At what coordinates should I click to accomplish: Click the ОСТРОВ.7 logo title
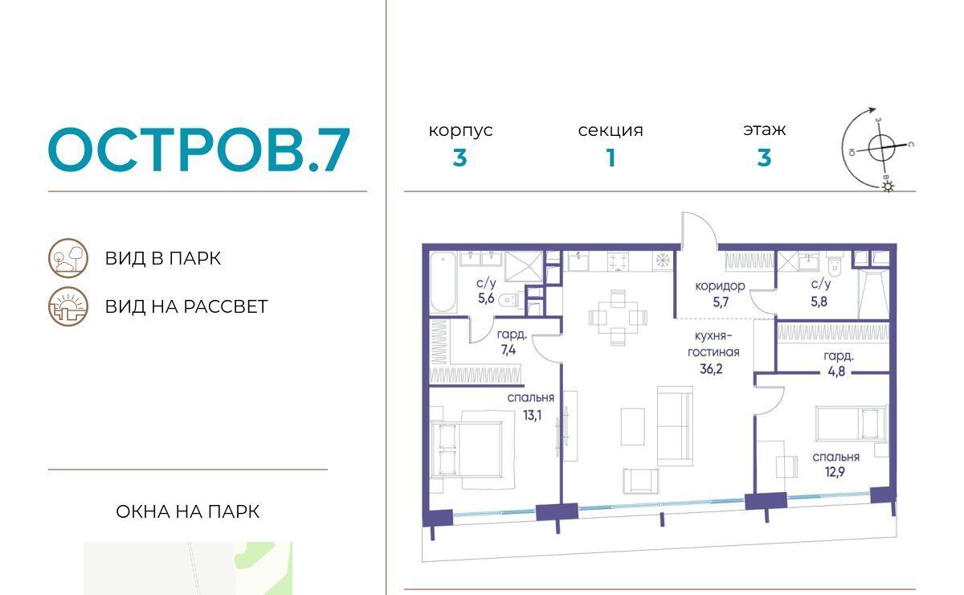199,150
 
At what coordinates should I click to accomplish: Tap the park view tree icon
68,258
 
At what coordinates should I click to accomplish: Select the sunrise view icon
68,306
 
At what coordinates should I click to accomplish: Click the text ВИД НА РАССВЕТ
186,307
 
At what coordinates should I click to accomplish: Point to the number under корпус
460,158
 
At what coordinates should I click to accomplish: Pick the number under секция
611,158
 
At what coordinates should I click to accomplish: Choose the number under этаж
764,158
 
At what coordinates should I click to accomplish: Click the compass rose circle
881,148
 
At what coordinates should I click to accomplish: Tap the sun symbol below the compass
888,187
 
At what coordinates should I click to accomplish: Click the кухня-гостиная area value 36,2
711,369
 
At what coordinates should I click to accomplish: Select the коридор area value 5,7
721,302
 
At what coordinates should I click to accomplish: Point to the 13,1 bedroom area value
533,416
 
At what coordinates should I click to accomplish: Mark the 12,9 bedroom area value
835,472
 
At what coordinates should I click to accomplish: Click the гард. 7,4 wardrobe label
511,342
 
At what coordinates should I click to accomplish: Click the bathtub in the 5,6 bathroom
443,281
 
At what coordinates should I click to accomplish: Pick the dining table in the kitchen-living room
618,318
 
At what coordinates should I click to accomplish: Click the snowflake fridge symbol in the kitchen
662,261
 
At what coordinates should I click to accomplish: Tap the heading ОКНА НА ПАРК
188,512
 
